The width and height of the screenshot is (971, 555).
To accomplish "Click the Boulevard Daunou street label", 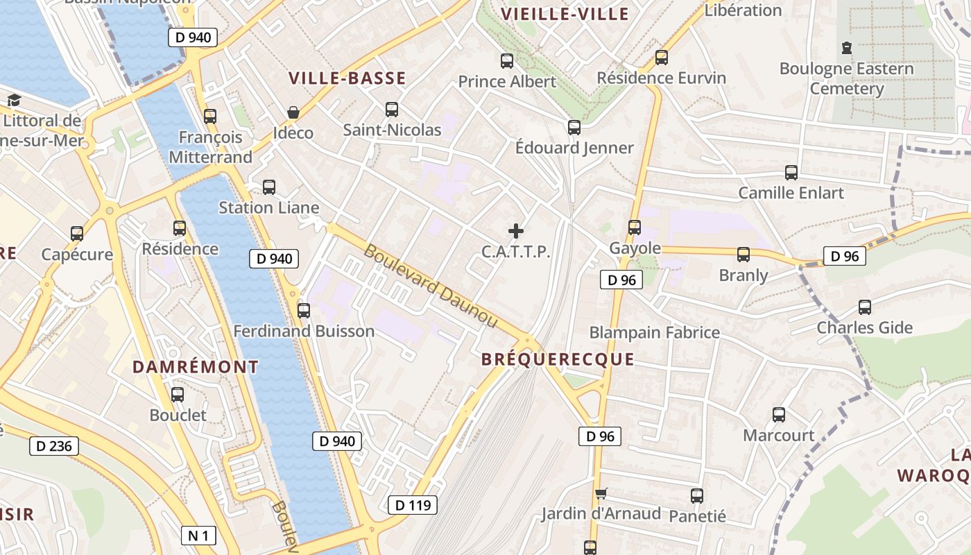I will tap(430, 286).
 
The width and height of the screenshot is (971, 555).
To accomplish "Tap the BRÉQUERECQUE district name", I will tap(558, 359).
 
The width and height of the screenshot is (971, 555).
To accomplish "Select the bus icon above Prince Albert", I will tap(507, 61).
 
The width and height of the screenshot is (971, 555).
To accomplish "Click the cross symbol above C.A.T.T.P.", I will tap(516, 231).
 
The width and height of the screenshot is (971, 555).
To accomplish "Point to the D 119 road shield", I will tap(412, 505).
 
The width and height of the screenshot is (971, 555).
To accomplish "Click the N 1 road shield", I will tap(198, 535).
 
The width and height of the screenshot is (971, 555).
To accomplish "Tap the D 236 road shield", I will tap(54, 445).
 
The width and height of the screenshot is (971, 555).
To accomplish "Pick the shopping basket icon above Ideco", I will tap(293, 112).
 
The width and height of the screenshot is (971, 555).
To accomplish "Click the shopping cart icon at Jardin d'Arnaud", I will tap(601, 493).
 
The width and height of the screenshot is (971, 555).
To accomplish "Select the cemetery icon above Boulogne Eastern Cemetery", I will tap(846, 48).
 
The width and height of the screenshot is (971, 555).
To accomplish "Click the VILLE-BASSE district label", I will tap(347, 78).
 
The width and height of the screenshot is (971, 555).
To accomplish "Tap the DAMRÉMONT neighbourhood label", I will tap(195, 367).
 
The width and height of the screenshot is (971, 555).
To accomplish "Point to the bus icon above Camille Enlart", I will tap(791, 173).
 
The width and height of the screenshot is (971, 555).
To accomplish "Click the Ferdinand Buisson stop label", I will tap(304, 332).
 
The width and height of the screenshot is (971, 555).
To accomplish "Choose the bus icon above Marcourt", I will tap(779, 415).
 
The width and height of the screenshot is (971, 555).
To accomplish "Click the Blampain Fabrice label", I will tap(654, 332).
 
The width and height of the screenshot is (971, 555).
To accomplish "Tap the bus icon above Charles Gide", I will tap(865, 307).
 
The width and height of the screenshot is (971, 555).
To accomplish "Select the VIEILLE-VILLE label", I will tap(565, 14).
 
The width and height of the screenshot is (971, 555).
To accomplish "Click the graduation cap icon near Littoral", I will tap(14, 101).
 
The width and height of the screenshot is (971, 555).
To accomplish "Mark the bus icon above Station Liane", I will tap(269, 187).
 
